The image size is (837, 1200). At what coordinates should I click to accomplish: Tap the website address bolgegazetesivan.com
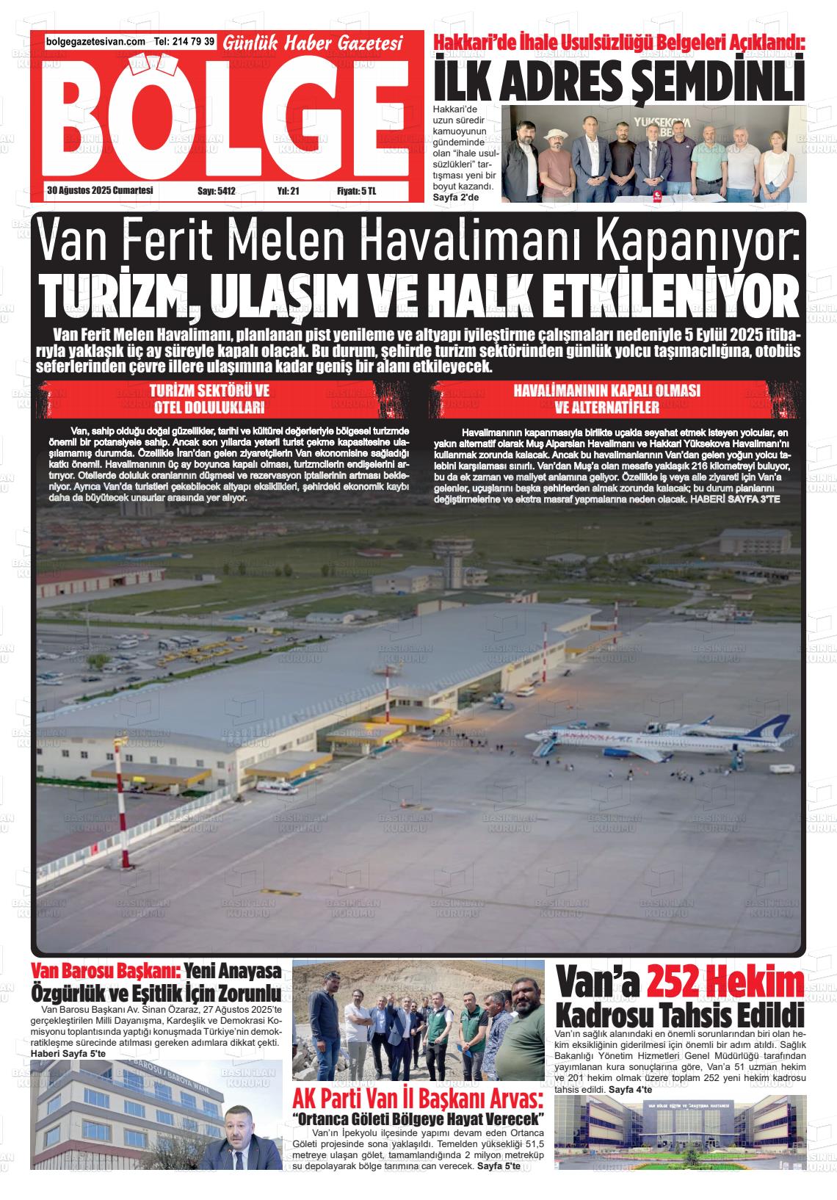[x=95, y=42]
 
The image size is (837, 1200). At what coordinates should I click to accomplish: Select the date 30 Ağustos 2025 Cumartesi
[x=99, y=190]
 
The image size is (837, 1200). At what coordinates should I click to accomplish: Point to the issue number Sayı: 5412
[x=217, y=191]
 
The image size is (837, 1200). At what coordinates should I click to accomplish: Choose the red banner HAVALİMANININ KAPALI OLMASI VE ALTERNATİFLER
[x=606, y=398]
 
